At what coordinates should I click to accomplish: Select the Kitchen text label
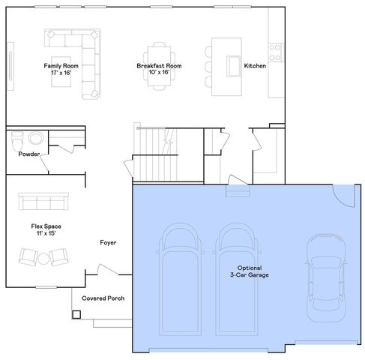coord(255,66)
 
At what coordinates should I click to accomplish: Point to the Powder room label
coord(28,154)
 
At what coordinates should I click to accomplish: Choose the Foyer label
coord(108,242)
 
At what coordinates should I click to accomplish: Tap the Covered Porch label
coord(103,298)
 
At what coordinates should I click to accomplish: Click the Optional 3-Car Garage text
coord(253,271)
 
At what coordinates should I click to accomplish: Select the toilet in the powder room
coord(34,139)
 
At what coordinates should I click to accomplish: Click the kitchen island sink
coord(233,66)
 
